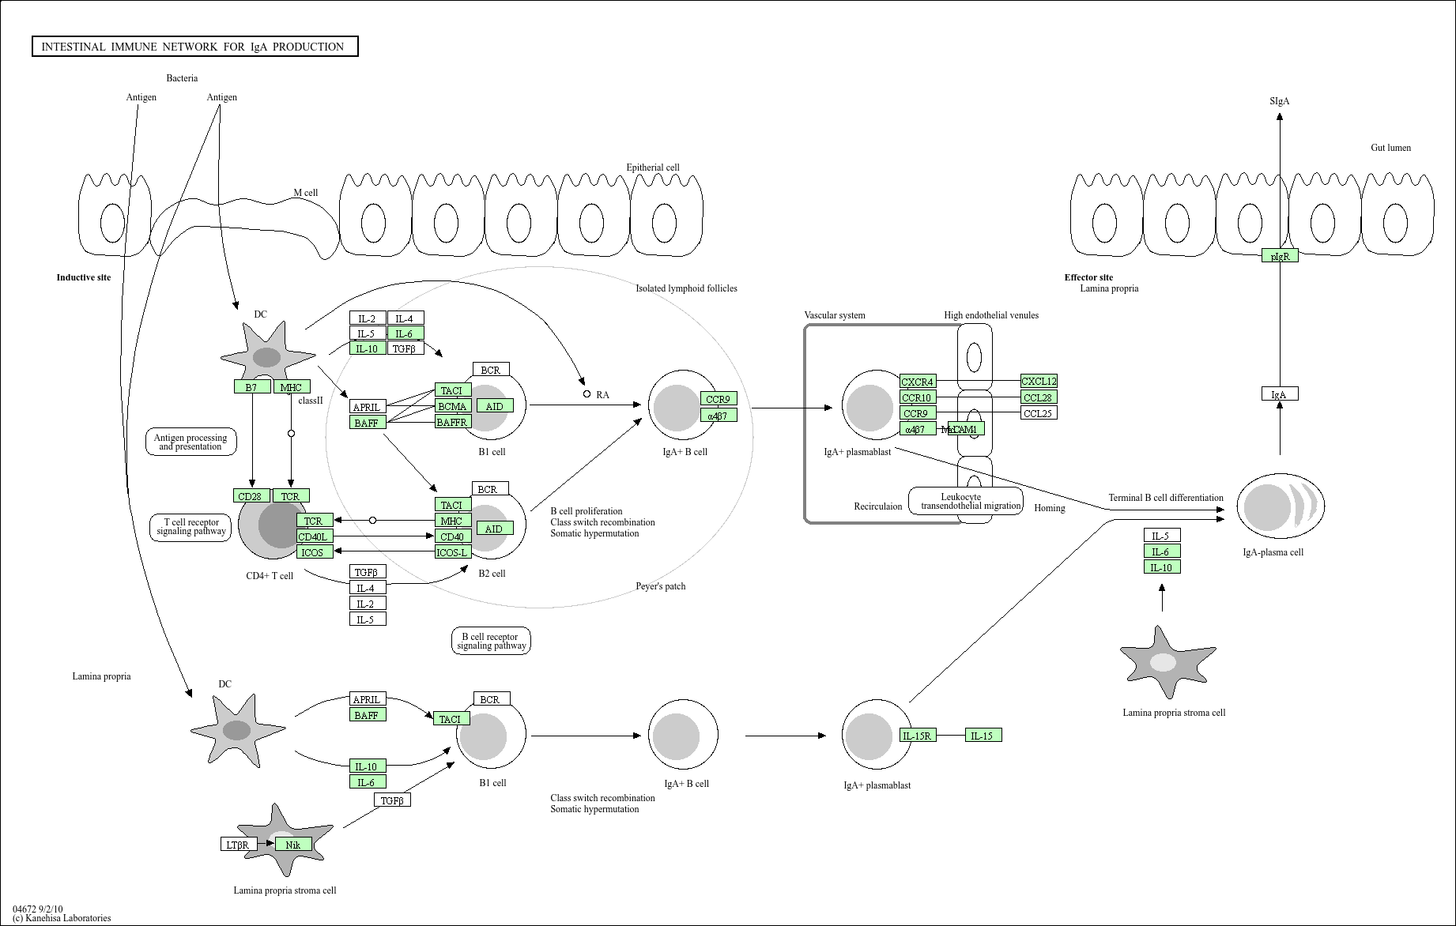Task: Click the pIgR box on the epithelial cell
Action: coord(1279,256)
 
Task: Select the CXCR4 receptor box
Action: coord(917,382)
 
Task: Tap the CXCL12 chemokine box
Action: coord(1038,382)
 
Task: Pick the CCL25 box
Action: coord(1038,413)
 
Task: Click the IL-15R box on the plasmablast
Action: coord(917,736)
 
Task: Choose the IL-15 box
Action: coord(983,736)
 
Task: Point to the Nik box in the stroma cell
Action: coord(293,845)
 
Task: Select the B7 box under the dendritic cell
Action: coord(251,387)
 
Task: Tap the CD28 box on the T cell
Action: coord(251,496)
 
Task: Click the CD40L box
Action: coord(314,536)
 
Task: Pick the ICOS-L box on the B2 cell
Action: coord(452,552)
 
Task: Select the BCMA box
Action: coord(452,406)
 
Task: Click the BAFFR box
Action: coord(452,422)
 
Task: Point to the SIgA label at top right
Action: coord(1279,101)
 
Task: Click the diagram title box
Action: coord(194,47)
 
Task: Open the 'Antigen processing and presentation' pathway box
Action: coord(190,442)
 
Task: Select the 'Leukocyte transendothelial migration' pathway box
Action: coord(965,501)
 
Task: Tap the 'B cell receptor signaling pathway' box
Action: coord(491,641)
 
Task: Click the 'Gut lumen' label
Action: coord(1390,148)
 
